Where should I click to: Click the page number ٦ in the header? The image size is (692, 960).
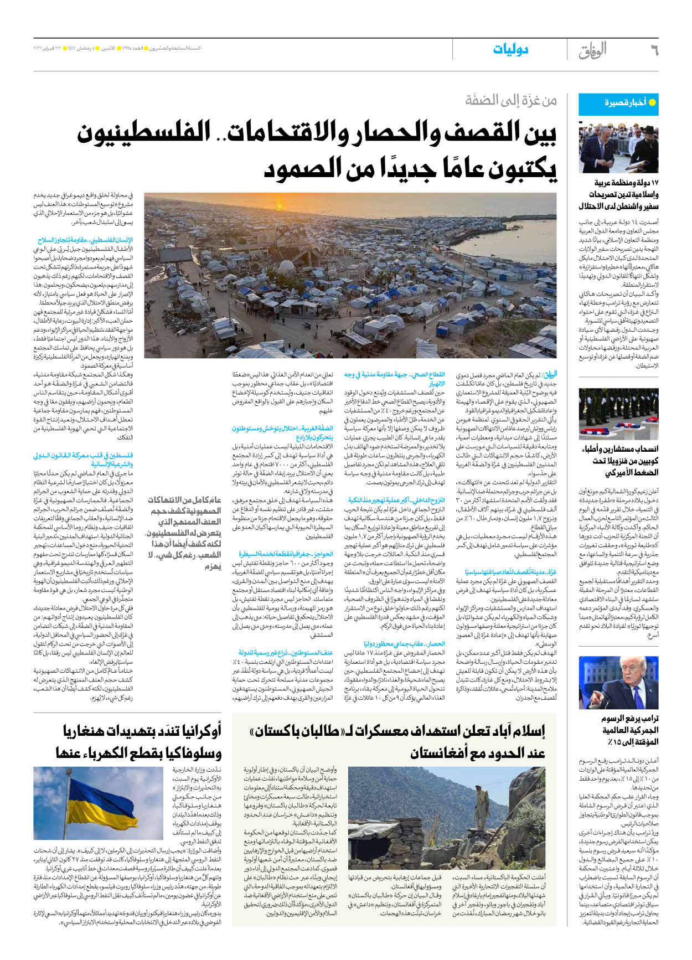click(654, 51)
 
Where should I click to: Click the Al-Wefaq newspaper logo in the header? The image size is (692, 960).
click(592, 50)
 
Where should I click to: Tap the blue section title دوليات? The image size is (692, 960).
click(510, 50)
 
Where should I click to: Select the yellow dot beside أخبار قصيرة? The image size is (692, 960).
click(652, 102)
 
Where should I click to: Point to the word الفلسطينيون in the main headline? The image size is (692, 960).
click(144, 133)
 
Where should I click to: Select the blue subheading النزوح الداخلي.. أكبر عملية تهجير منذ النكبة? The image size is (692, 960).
click(396, 500)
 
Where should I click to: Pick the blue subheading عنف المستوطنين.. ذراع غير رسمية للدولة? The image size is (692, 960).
click(286, 653)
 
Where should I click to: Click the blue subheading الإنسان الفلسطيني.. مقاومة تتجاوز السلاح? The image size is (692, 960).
click(85, 240)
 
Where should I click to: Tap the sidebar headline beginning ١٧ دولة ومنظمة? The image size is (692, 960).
click(619, 194)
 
